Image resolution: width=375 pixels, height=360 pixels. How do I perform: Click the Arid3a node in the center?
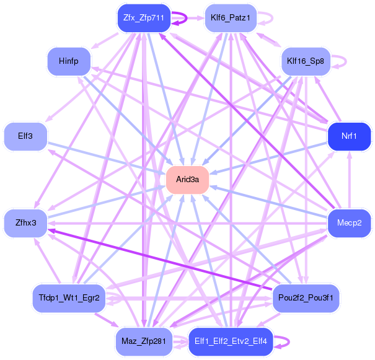pyautogui.click(x=187, y=180)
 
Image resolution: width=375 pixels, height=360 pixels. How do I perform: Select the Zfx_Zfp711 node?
pyautogui.click(x=143, y=18)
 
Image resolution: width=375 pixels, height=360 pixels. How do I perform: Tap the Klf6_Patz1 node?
pyautogui.click(x=230, y=18)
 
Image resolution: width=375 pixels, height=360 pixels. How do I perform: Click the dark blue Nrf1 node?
pyautogui.click(x=349, y=136)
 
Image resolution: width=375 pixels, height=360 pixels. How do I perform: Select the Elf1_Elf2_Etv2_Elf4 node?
pyautogui.click(x=230, y=341)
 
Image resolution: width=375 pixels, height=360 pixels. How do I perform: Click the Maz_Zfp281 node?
pyautogui.click(x=143, y=341)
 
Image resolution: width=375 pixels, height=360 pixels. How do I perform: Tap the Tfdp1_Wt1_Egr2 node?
pyautogui.click(x=66, y=298)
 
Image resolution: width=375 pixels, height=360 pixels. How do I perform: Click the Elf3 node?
pyautogui.click(x=26, y=136)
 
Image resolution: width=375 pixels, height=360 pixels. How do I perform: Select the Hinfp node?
pyautogui.click(x=68, y=61)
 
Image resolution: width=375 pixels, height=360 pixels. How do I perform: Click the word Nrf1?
pyautogui.click(x=349, y=136)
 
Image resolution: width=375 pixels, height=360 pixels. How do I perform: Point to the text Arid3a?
pyautogui.click(x=187, y=180)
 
